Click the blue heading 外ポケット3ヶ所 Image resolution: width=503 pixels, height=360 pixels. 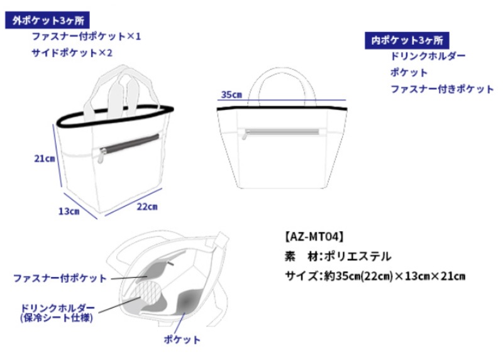coord(48,20)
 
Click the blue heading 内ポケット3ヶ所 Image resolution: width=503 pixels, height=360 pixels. coord(407,40)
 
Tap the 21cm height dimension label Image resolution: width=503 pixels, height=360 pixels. coord(45,158)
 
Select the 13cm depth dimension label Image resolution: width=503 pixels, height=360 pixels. coord(69,211)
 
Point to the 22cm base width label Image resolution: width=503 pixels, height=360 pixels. coord(147,207)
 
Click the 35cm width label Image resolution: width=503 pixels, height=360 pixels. coord(231,95)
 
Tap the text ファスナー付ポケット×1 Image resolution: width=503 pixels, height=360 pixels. coord(86,36)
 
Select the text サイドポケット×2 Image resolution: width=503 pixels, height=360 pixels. coord(72,53)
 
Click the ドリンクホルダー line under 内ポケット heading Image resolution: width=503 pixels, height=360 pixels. coord(428,56)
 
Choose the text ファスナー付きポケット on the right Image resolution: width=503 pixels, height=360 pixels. coord(442,89)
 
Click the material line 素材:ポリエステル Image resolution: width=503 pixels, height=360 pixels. coord(338,256)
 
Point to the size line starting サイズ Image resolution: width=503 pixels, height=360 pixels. coord(375,276)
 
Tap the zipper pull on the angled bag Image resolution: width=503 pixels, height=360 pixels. coord(101,156)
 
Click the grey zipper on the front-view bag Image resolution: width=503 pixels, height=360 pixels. coord(282,132)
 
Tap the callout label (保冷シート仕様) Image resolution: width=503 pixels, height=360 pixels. coord(57,318)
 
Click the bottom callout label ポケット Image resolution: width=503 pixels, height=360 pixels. coord(182,339)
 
